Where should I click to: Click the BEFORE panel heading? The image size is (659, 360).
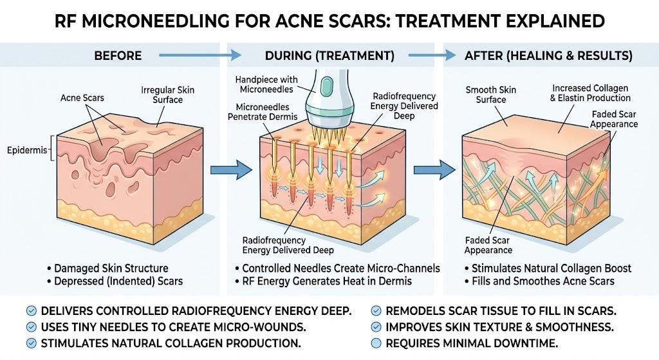[x=118, y=55]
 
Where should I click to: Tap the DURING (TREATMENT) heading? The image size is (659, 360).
[x=329, y=55]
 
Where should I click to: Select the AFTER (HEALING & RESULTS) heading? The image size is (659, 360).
[x=548, y=55]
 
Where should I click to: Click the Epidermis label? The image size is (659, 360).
[x=27, y=150]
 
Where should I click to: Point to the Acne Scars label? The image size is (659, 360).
[x=82, y=98]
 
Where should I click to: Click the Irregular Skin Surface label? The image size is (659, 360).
[x=168, y=95]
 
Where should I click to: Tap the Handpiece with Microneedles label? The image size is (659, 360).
[x=266, y=84]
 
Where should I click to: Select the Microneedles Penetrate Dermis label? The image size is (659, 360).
[x=263, y=112]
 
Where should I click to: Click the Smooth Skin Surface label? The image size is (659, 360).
[x=490, y=95]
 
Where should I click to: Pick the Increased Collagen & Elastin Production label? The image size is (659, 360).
[x=590, y=93]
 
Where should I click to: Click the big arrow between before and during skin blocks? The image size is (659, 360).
[x=231, y=170]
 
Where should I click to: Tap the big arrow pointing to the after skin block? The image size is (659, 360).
[x=434, y=170]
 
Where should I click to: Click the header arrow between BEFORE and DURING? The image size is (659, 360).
[x=200, y=55]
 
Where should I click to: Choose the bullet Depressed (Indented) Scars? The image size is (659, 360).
[x=115, y=281]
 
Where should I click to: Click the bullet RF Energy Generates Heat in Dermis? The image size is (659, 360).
[x=323, y=281]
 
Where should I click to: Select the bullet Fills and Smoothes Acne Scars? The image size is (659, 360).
[x=540, y=281]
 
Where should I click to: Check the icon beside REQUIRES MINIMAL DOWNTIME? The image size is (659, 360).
[x=376, y=343]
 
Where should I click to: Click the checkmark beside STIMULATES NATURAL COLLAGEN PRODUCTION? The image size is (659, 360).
[x=31, y=343]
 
